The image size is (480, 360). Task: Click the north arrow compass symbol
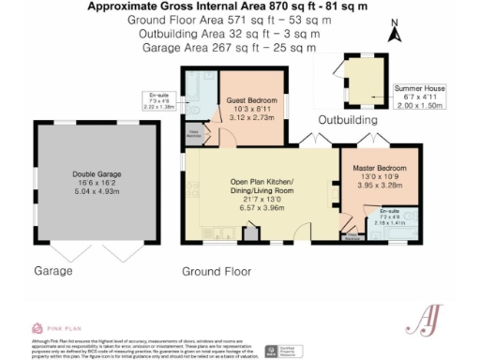click(x=396, y=34)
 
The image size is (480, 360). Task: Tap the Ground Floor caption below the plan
click(x=217, y=272)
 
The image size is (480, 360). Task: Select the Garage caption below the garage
click(x=54, y=272)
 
